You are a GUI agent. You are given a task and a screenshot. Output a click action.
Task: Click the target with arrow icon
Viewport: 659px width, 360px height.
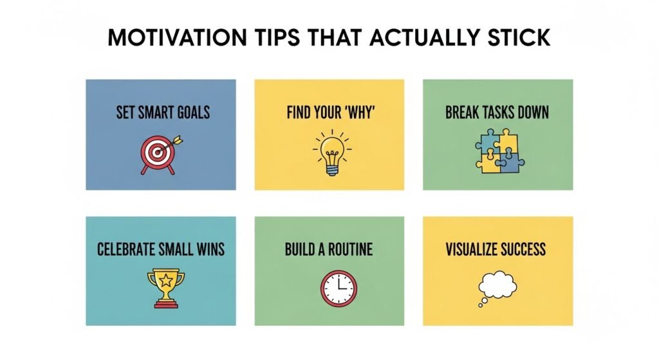pos(160,153)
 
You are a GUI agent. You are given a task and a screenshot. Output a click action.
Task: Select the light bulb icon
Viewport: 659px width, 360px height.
pos(329,151)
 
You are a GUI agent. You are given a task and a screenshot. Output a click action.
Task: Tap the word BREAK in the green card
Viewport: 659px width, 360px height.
pos(462,113)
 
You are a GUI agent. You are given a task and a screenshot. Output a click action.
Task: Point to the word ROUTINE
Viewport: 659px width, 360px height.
pos(348,249)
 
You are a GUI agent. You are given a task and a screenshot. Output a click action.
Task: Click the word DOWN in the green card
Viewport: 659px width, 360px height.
pos(532,113)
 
